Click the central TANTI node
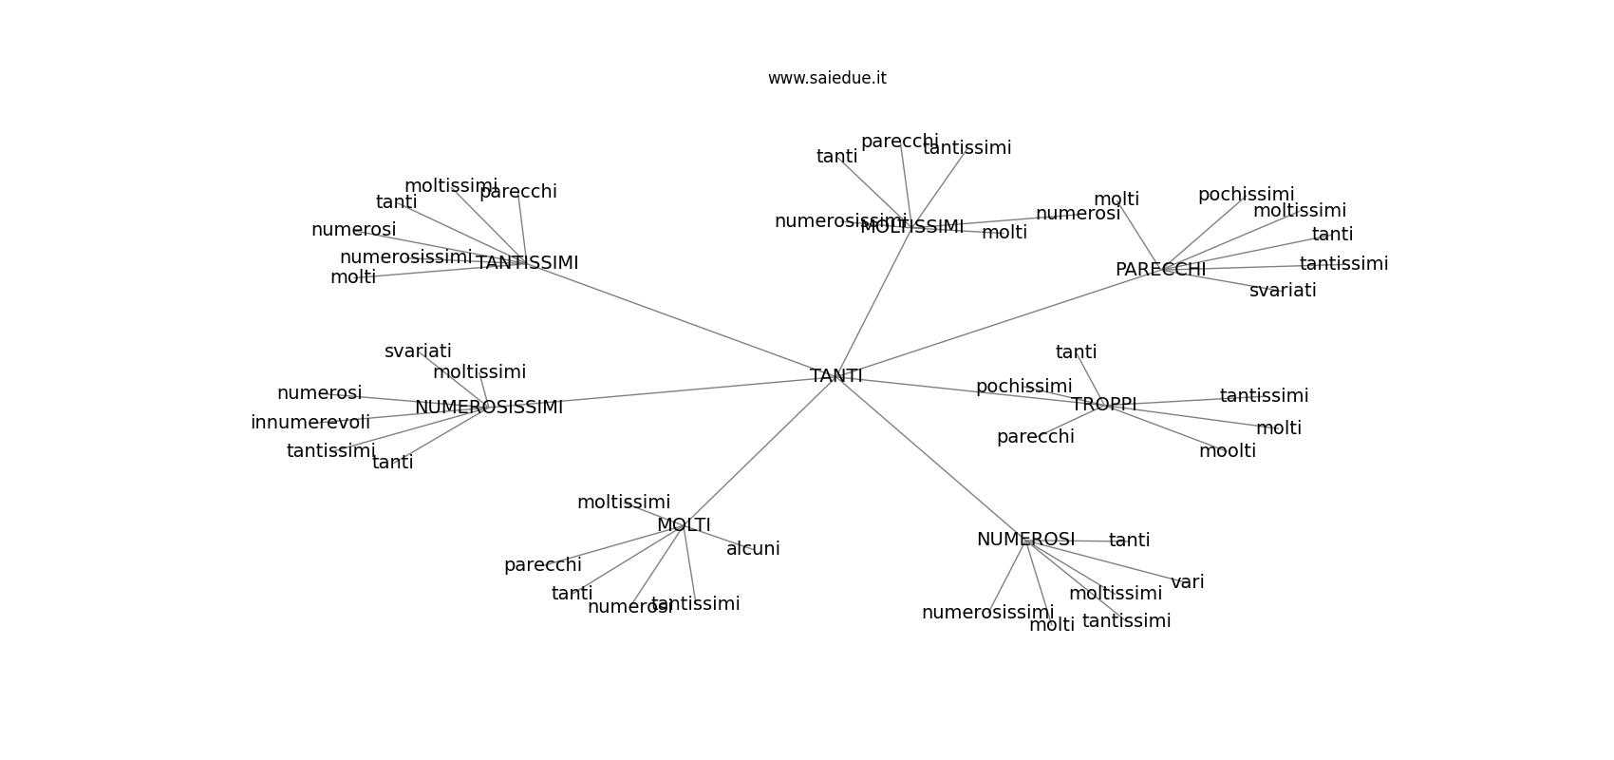[x=836, y=376]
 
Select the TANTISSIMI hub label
[x=527, y=263]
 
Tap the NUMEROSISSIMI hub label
[x=489, y=408]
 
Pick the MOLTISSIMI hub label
[x=912, y=227]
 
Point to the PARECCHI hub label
[x=1160, y=270]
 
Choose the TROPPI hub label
[x=1104, y=405]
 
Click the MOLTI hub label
[x=684, y=525]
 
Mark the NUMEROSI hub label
[x=1025, y=540]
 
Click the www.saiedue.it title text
[x=827, y=78]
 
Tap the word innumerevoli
[x=310, y=423]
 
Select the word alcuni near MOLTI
[x=753, y=549]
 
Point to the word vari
[x=1187, y=582]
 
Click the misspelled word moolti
[x=1228, y=451]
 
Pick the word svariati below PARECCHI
[x=1283, y=291]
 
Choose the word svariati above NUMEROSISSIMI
[x=418, y=351]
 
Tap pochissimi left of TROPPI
[x=1023, y=387]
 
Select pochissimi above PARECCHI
[x=1246, y=195]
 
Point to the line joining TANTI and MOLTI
[x=760, y=451]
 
